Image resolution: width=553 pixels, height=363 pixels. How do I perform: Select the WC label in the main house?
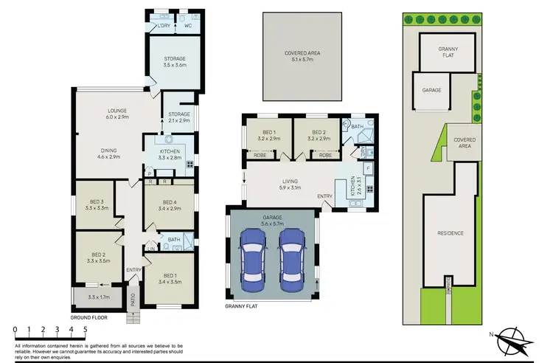tap(178, 26)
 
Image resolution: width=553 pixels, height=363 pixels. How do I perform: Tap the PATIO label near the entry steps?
tap(132, 300)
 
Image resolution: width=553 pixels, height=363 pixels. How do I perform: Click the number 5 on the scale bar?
tap(86, 330)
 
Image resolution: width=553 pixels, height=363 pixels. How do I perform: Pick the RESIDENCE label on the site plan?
tap(451, 233)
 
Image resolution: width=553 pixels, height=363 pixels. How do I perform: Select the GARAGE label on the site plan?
tap(432, 90)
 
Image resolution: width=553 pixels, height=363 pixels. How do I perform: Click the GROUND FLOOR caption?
tap(89, 317)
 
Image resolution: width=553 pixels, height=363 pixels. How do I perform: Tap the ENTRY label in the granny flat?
tap(324, 196)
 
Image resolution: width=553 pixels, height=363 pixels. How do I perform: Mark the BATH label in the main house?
tap(174, 239)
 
